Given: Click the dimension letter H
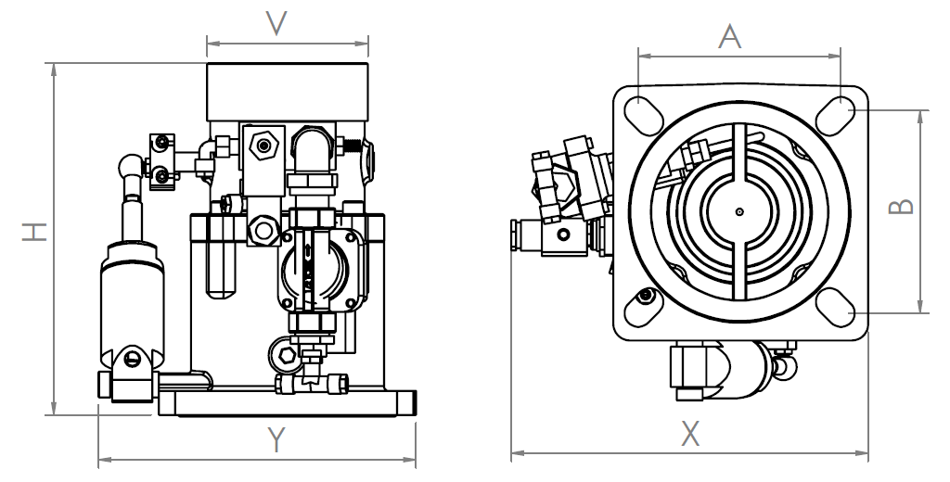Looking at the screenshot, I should pos(34,231).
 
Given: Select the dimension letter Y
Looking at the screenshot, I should pos(275,439).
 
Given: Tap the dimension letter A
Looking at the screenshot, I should pos(731,37).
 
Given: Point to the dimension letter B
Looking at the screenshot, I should pos(901,206).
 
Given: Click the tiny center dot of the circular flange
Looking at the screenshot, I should pos(739,210).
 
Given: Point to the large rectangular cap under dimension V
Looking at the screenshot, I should pos(288,90).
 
